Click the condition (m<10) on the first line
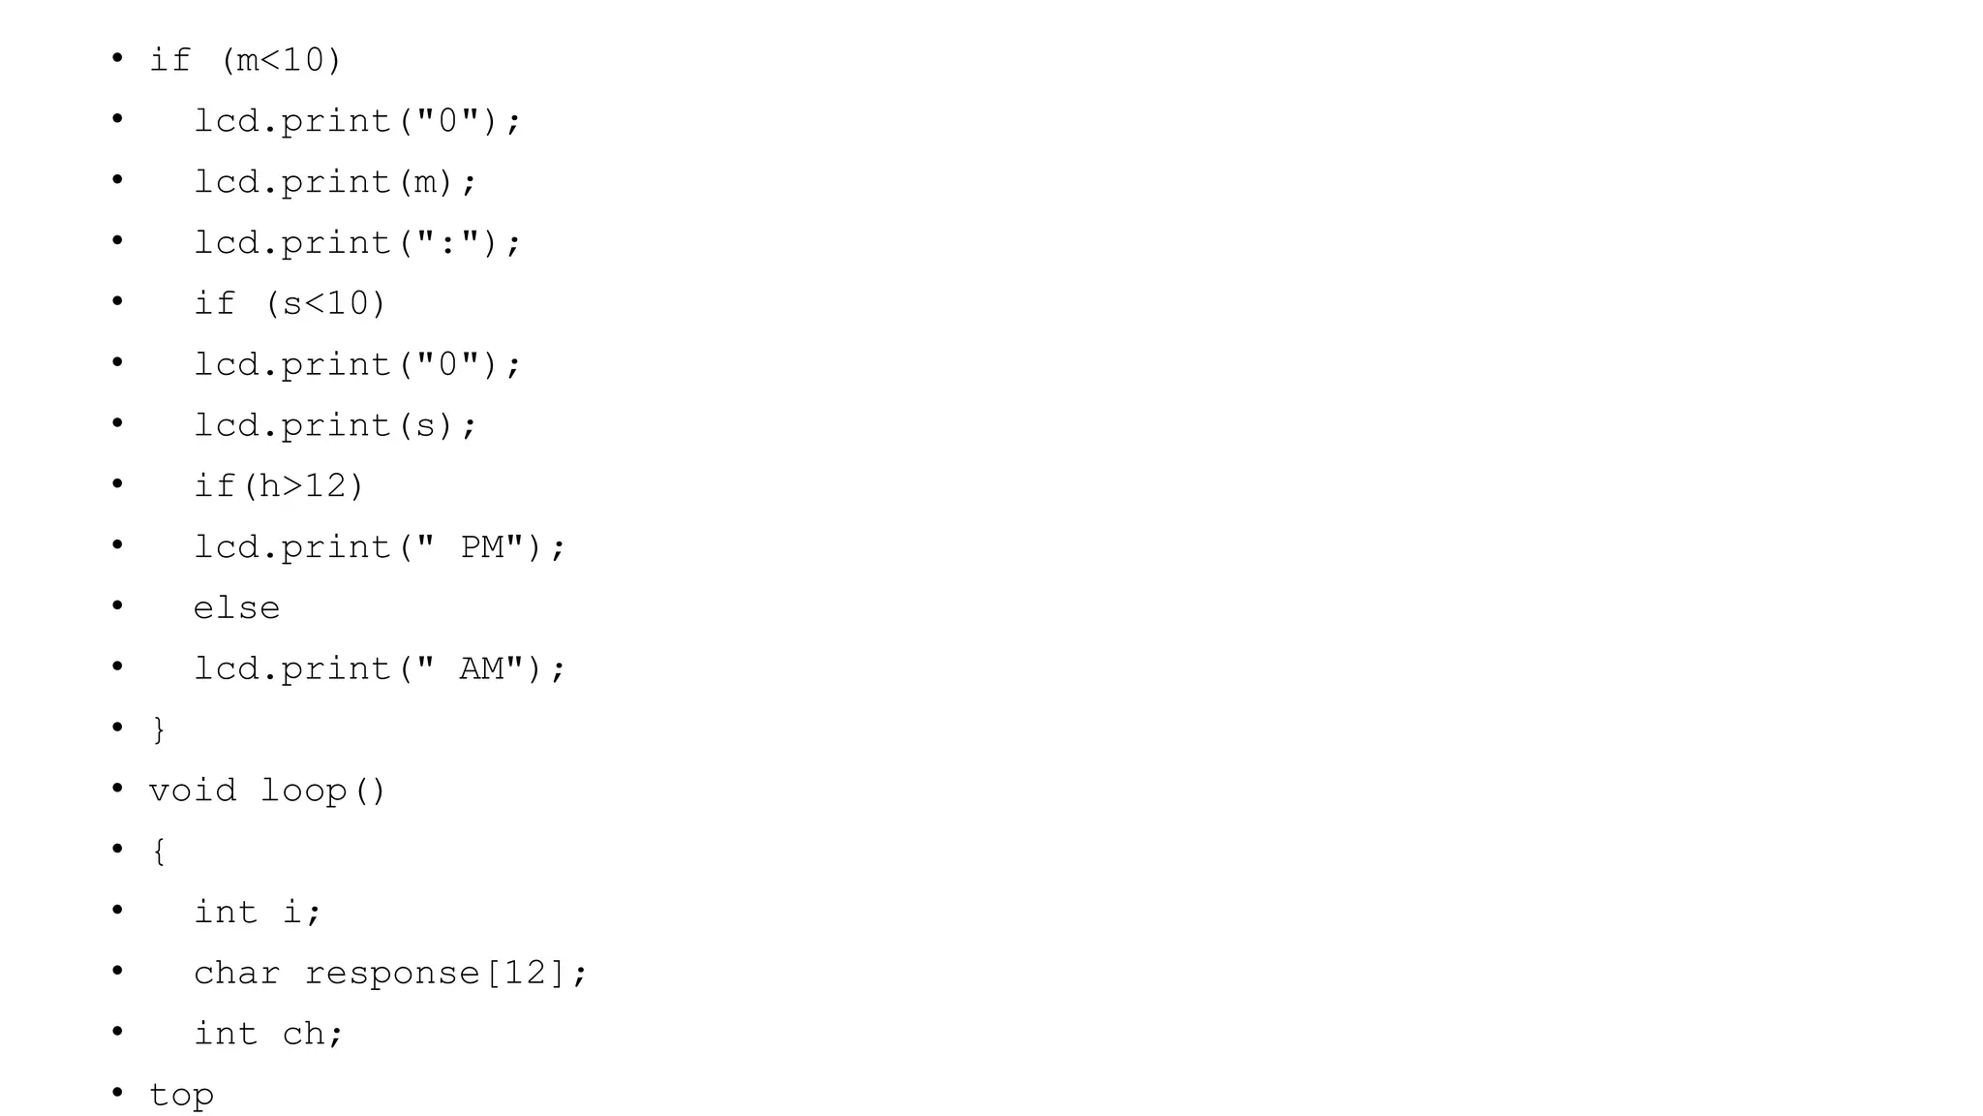281,61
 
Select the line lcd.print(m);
335,182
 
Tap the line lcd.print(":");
357,243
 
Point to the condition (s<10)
325,304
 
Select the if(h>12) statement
279,486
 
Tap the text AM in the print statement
482,669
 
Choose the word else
236,608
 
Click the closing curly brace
159,729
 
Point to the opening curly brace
159,852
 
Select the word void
192,790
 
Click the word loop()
323,790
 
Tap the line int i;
258,913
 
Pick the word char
236,974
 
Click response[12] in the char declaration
436,974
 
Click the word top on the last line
181,1096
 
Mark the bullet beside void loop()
117,789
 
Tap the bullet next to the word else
117,605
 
